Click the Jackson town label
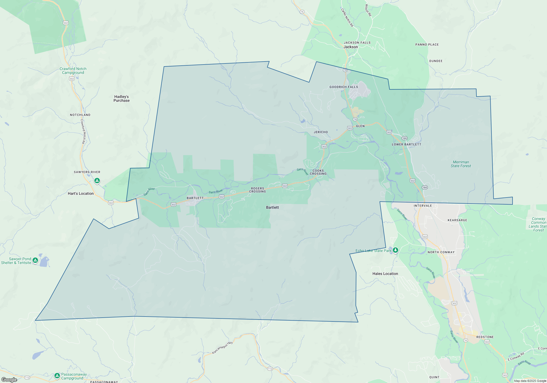(x=351, y=47)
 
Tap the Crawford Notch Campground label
(x=73, y=71)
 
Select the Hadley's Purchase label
(x=122, y=99)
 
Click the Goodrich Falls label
(x=344, y=87)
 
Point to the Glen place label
(x=360, y=126)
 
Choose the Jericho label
(x=321, y=132)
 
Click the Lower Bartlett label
(x=406, y=144)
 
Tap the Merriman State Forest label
(x=461, y=164)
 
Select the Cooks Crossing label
(x=318, y=172)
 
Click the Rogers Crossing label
(x=257, y=190)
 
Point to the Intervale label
(x=423, y=206)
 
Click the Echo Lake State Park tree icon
(x=395, y=250)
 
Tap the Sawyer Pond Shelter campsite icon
(x=35, y=260)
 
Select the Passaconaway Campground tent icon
(x=57, y=376)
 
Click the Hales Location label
(x=385, y=274)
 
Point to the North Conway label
(x=441, y=252)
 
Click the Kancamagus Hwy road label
(x=222, y=347)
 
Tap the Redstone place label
(x=485, y=337)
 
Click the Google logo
(x=9, y=380)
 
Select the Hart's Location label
(x=81, y=193)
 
